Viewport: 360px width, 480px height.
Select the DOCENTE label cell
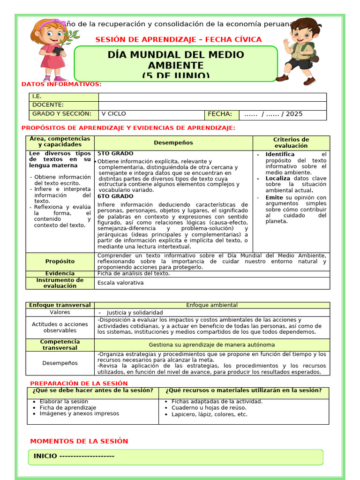tap(48, 105)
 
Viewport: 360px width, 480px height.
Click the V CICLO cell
tap(113, 114)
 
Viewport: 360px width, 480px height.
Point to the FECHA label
tap(220, 114)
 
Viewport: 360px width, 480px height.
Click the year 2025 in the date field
tap(294, 114)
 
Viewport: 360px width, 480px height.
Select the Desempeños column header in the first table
tap(173, 143)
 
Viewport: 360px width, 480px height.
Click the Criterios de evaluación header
tap(291, 142)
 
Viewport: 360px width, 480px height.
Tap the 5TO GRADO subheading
tap(115, 154)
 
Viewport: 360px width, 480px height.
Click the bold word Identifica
tap(280, 154)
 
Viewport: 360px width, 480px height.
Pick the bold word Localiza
tap(277, 179)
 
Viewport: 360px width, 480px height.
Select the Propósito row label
tap(60, 262)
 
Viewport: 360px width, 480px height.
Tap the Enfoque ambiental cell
tap(212, 305)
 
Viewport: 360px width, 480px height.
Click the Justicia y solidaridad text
tap(135, 313)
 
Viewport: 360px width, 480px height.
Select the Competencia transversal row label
tap(60, 345)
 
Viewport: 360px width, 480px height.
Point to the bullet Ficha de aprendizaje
tap(67, 408)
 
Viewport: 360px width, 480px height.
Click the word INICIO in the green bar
tap(45, 456)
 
